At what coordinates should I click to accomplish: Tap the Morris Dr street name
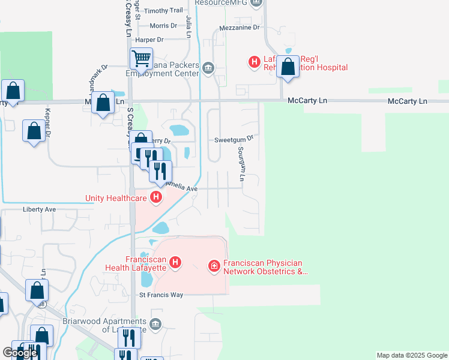tap(163, 26)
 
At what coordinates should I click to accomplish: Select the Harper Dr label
tap(149, 40)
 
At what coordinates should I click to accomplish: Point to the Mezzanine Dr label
tap(240, 27)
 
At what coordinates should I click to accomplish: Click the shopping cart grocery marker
tap(141, 59)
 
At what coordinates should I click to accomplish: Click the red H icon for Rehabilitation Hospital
tap(255, 61)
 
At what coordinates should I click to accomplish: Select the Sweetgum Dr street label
tap(235, 138)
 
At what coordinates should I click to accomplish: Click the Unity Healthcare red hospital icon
tap(156, 197)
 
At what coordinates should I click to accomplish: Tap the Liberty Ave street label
tap(39, 209)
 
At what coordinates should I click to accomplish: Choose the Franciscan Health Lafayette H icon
tap(175, 262)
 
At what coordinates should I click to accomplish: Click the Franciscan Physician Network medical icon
tap(214, 265)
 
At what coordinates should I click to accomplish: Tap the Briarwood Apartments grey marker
tap(156, 324)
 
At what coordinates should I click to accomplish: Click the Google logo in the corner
tap(20, 353)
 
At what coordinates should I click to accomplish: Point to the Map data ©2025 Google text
tap(411, 355)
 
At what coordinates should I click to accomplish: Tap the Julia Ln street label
tap(188, 28)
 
